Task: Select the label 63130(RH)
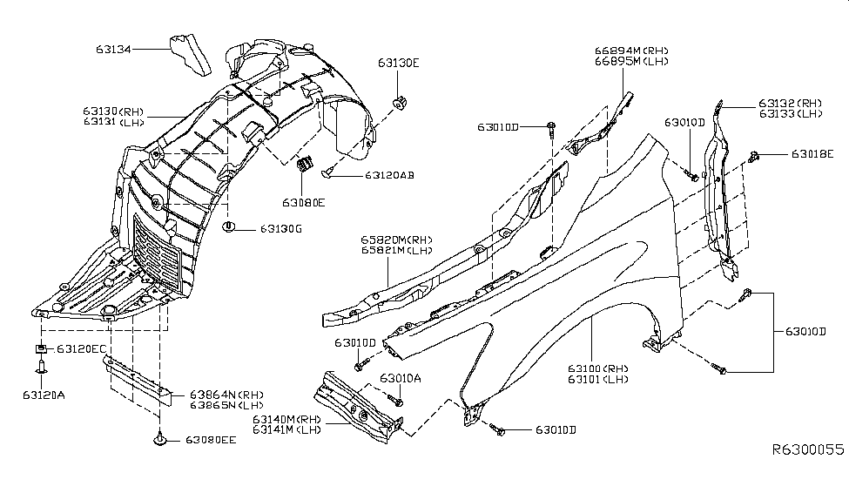click(114, 111)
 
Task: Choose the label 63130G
click(280, 229)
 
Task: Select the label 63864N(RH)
click(214, 395)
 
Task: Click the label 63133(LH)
click(790, 114)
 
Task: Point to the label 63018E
click(812, 154)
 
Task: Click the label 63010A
click(400, 378)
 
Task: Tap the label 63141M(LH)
click(287, 430)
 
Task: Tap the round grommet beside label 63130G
click(230, 228)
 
